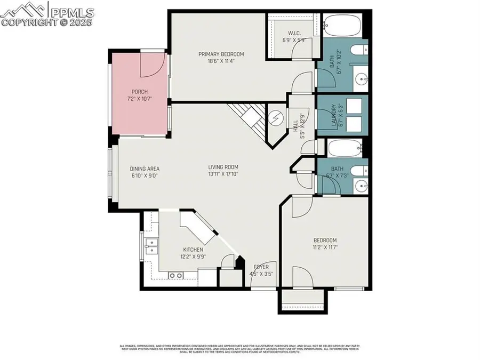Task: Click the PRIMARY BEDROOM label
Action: coord(221,54)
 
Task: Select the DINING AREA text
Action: coord(145,169)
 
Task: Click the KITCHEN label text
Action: coord(193,249)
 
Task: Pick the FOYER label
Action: coord(261,267)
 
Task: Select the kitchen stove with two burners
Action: coord(175,275)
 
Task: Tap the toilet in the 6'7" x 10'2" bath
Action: coord(360,51)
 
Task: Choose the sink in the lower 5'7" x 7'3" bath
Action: coord(362,187)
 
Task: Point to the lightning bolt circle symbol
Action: coord(276,117)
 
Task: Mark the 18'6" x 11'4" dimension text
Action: coord(221,61)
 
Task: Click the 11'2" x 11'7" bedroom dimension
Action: coord(325,247)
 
